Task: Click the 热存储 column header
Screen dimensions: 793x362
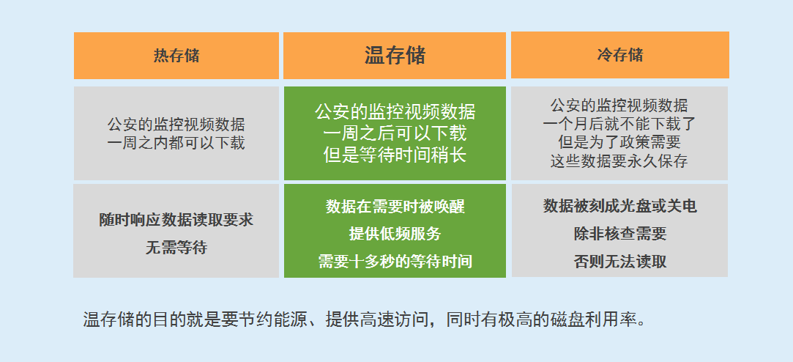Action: coord(176,55)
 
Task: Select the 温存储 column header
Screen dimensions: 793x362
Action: coord(395,55)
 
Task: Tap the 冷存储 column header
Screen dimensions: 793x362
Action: coord(620,55)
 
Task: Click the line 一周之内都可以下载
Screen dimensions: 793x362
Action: coord(176,143)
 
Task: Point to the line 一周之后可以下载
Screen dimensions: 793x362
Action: coord(395,133)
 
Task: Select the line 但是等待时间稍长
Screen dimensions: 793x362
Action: coord(395,155)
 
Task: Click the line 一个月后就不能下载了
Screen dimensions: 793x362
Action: coord(619,124)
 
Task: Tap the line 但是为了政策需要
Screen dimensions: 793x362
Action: coord(619,142)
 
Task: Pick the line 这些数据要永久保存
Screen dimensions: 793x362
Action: coord(619,161)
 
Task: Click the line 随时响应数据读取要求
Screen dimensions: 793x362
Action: coord(176,220)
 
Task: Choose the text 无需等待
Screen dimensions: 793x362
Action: coord(176,248)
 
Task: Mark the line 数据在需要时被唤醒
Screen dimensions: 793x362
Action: coord(395,207)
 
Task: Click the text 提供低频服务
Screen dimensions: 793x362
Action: coord(395,234)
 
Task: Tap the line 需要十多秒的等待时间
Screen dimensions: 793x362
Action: coord(395,262)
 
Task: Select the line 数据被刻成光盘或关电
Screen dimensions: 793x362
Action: coord(620,206)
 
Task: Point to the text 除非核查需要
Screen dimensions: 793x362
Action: coord(620,234)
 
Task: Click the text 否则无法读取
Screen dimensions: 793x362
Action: coord(620,262)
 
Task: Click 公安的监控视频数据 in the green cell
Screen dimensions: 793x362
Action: coord(395,112)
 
